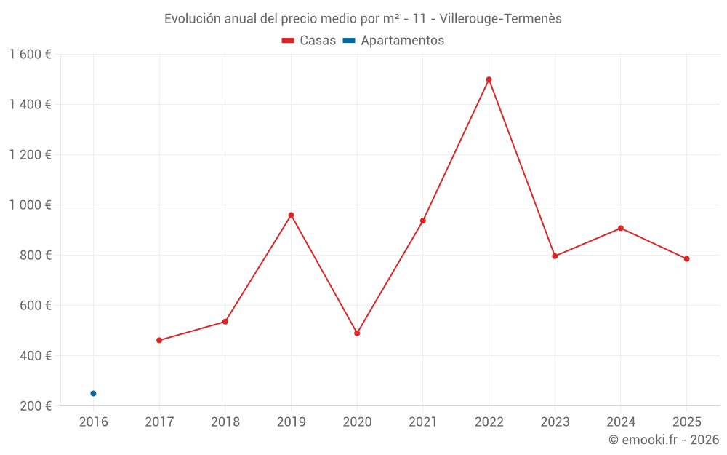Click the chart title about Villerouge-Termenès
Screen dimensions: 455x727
pyautogui.click(x=363, y=19)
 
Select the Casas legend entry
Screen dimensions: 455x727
pyautogui.click(x=309, y=41)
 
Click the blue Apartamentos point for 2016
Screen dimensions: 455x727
pyautogui.click(x=93, y=393)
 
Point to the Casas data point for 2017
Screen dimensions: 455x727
pyautogui.click(x=159, y=340)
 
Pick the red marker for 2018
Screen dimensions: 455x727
pyautogui.click(x=225, y=321)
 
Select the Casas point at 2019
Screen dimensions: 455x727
pyautogui.click(x=291, y=215)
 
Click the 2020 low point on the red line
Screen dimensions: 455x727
pyautogui.click(x=357, y=333)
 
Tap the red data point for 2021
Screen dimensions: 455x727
pyautogui.click(x=423, y=221)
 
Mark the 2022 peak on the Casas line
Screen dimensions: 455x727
pyautogui.click(x=489, y=79)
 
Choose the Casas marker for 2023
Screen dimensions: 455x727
pyautogui.click(x=555, y=256)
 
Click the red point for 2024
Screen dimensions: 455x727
pyautogui.click(x=621, y=228)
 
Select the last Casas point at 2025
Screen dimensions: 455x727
pyautogui.click(x=686, y=258)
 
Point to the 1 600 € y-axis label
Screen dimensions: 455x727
pyautogui.click(x=30, y=55)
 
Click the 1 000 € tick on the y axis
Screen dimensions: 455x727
pyautogui.click(x=30, y=205)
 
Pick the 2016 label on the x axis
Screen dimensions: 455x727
pyautogui.click(x=93, y=422)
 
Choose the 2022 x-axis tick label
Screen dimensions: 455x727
pyautogui.click(x=489, y=422)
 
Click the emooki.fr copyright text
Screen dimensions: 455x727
pyautogui.click(x=664, y=440)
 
